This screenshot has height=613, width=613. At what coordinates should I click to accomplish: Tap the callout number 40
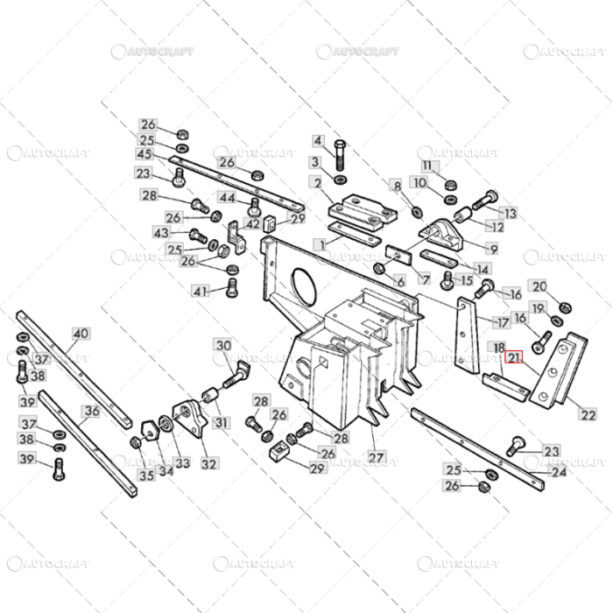coord(81,334)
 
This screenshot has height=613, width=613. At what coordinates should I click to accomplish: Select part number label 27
coord(376,456)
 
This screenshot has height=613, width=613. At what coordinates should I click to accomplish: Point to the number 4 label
coord(317,141)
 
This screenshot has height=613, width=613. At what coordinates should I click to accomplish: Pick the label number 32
coord(208,462)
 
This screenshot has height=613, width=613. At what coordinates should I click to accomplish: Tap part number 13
coord(509,212)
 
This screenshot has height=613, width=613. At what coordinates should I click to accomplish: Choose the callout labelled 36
coord(91,410)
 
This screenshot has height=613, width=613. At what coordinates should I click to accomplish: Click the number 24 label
coord(558,472)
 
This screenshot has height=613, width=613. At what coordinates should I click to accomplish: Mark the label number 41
coord(201,291)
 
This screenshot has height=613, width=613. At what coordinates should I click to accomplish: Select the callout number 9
coord(493,249)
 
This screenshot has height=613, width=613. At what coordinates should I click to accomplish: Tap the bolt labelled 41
coord(232,288)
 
